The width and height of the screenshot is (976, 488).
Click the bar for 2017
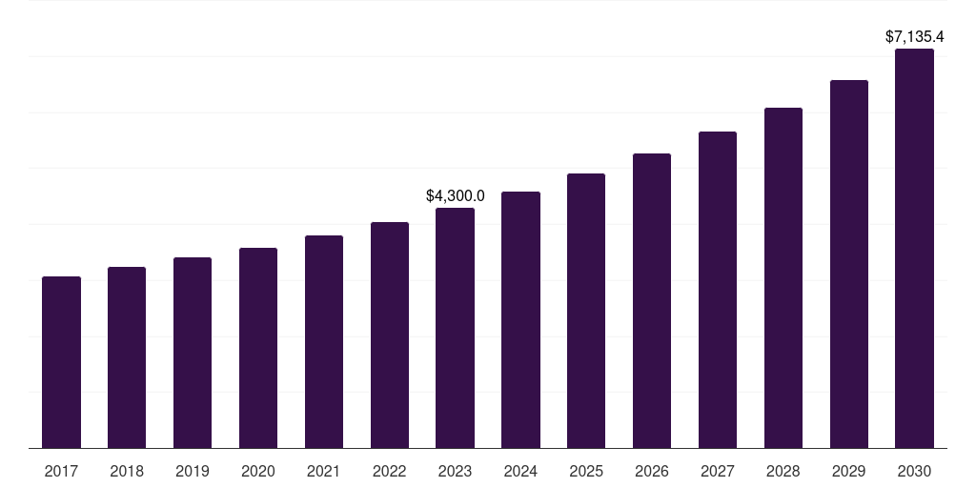pyautogui.click(x=61, y=362)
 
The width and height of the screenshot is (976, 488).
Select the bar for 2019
pyautogui.click(x=193, y=353)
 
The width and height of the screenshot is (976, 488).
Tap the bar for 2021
pyautogui.click(x=324, y=341)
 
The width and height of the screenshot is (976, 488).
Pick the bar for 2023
pyautogui.click(x=455, y=328)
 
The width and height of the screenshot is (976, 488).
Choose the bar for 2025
pyautogui.click(x=586, y=311)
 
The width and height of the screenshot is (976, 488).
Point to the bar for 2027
pyautogui.click(x=718, y=290)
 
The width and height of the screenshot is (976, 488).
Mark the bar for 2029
pyautogui.click(x=849, y=264)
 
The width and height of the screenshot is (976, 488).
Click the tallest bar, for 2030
pyautogui.click(x=914, y=248)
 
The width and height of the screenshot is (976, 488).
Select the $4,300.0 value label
pyautogui.click(x=455, y=195)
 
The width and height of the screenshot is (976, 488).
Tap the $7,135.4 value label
pyautogui.click(x=914, y=37)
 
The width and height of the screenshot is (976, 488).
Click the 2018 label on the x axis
pyautogui.click(x=127, y=471)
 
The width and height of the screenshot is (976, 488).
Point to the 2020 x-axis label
pyautogui.click(x=258, y=471)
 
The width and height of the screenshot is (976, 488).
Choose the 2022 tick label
pyautogui.click(x=390, y=471)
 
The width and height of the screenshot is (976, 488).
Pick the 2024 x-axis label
pyautogui.click(x=520, y=471)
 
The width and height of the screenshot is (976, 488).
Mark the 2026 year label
pyautogui.click(x=652, y=471)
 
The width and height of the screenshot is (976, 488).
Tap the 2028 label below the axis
pyautogui.click(x=783, y=471)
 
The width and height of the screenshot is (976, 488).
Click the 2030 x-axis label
pyautogui.click(x=914, y=471)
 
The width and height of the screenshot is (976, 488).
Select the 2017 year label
pyautogui.click(x=61, y=471)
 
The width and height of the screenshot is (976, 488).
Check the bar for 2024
pyautogui.click(x=520, y=319)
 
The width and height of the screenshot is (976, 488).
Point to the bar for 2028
pyautogui.click(x=783, y=277)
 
